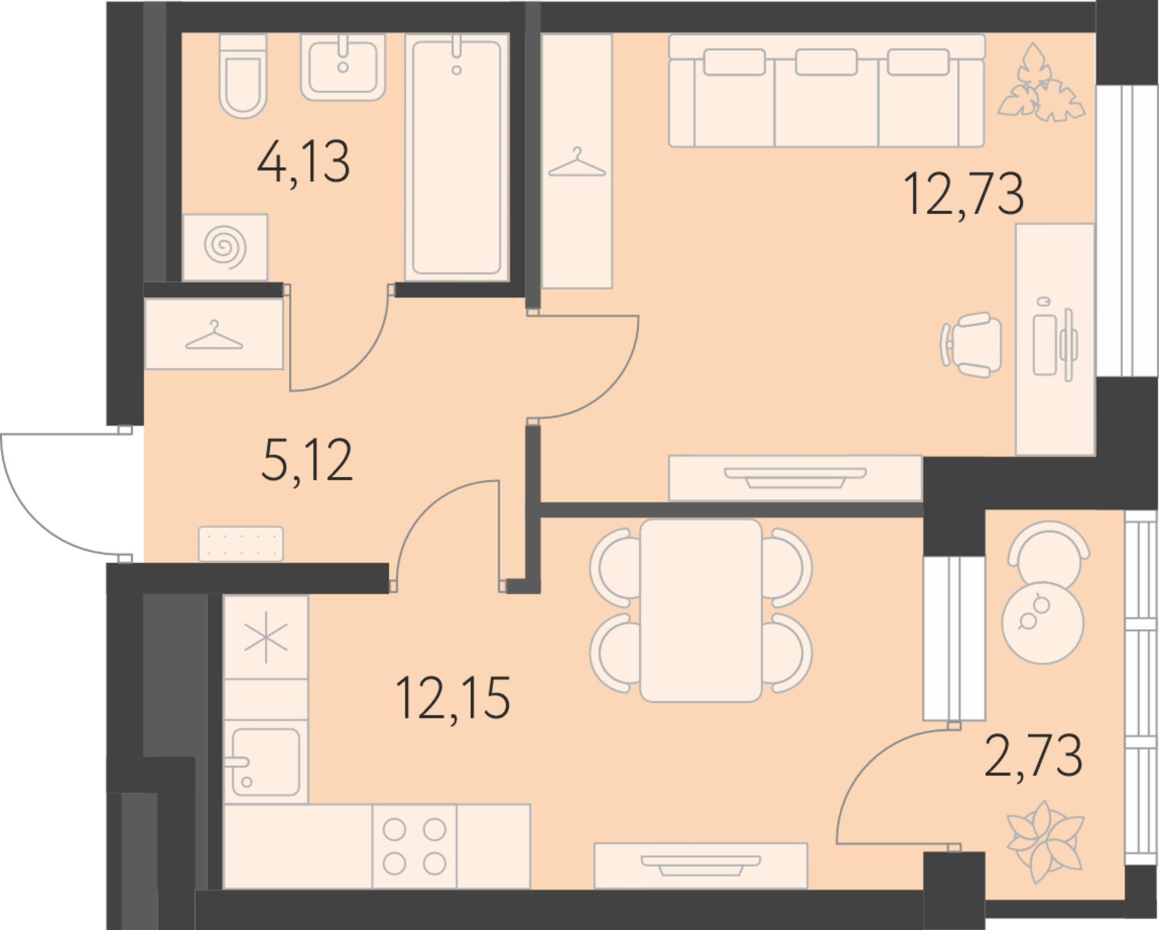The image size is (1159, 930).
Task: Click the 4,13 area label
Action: coord(304,163)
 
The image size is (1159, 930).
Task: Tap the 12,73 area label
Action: coord(964,194)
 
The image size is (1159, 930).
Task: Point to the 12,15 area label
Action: coord(453,698)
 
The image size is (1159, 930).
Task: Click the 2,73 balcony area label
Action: coord(1034,756)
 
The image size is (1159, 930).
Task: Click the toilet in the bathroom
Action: coord(243,76)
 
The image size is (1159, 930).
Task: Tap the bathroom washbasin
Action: coord(343,67)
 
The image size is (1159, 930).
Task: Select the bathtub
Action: coord(457,157)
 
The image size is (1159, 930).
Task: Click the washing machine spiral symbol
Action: coord(225,248)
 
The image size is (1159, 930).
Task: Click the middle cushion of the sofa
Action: coord(826,62)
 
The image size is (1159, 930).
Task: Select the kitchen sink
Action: coord(265,762)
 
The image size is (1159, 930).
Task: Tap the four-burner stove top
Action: coord(414,847)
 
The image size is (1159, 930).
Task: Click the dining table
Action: coord(701,611)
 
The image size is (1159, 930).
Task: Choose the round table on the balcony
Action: coord(1042,623)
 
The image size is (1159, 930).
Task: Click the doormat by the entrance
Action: coord(241,544)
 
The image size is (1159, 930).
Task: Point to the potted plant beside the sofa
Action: coord(1041,83)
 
